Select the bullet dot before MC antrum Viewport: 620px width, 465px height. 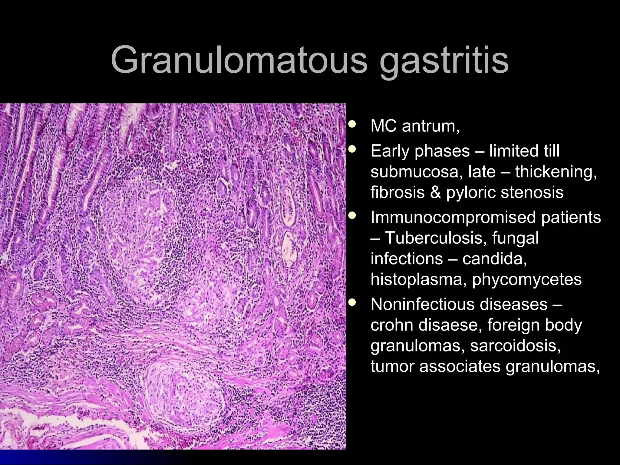coord(352,124)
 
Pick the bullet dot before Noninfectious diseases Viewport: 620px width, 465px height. coord(352,302)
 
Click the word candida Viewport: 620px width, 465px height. coord(494,259)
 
